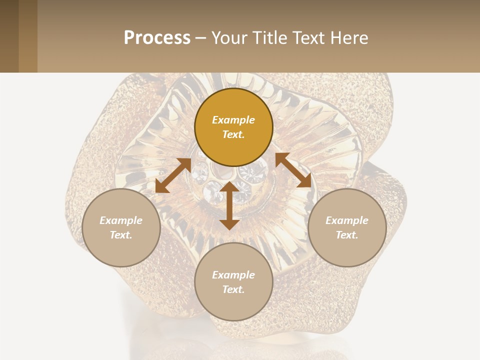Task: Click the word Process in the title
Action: click(x=157, y=38)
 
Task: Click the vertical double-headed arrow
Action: click(x=229, y=205)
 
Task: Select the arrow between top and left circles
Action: click(x=173, y=175)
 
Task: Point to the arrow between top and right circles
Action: click(x=293, y=170)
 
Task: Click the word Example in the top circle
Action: click(x=233, y=120)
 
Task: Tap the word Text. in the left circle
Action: click(x=121, y=235)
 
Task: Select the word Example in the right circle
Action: click(x=347, y=220)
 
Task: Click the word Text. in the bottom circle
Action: click(x=233, y=289)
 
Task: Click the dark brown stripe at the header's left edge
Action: click(x=9, y=36)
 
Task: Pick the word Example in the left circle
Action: click(x=121, y=220)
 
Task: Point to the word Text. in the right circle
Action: click(x=347, y=235)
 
